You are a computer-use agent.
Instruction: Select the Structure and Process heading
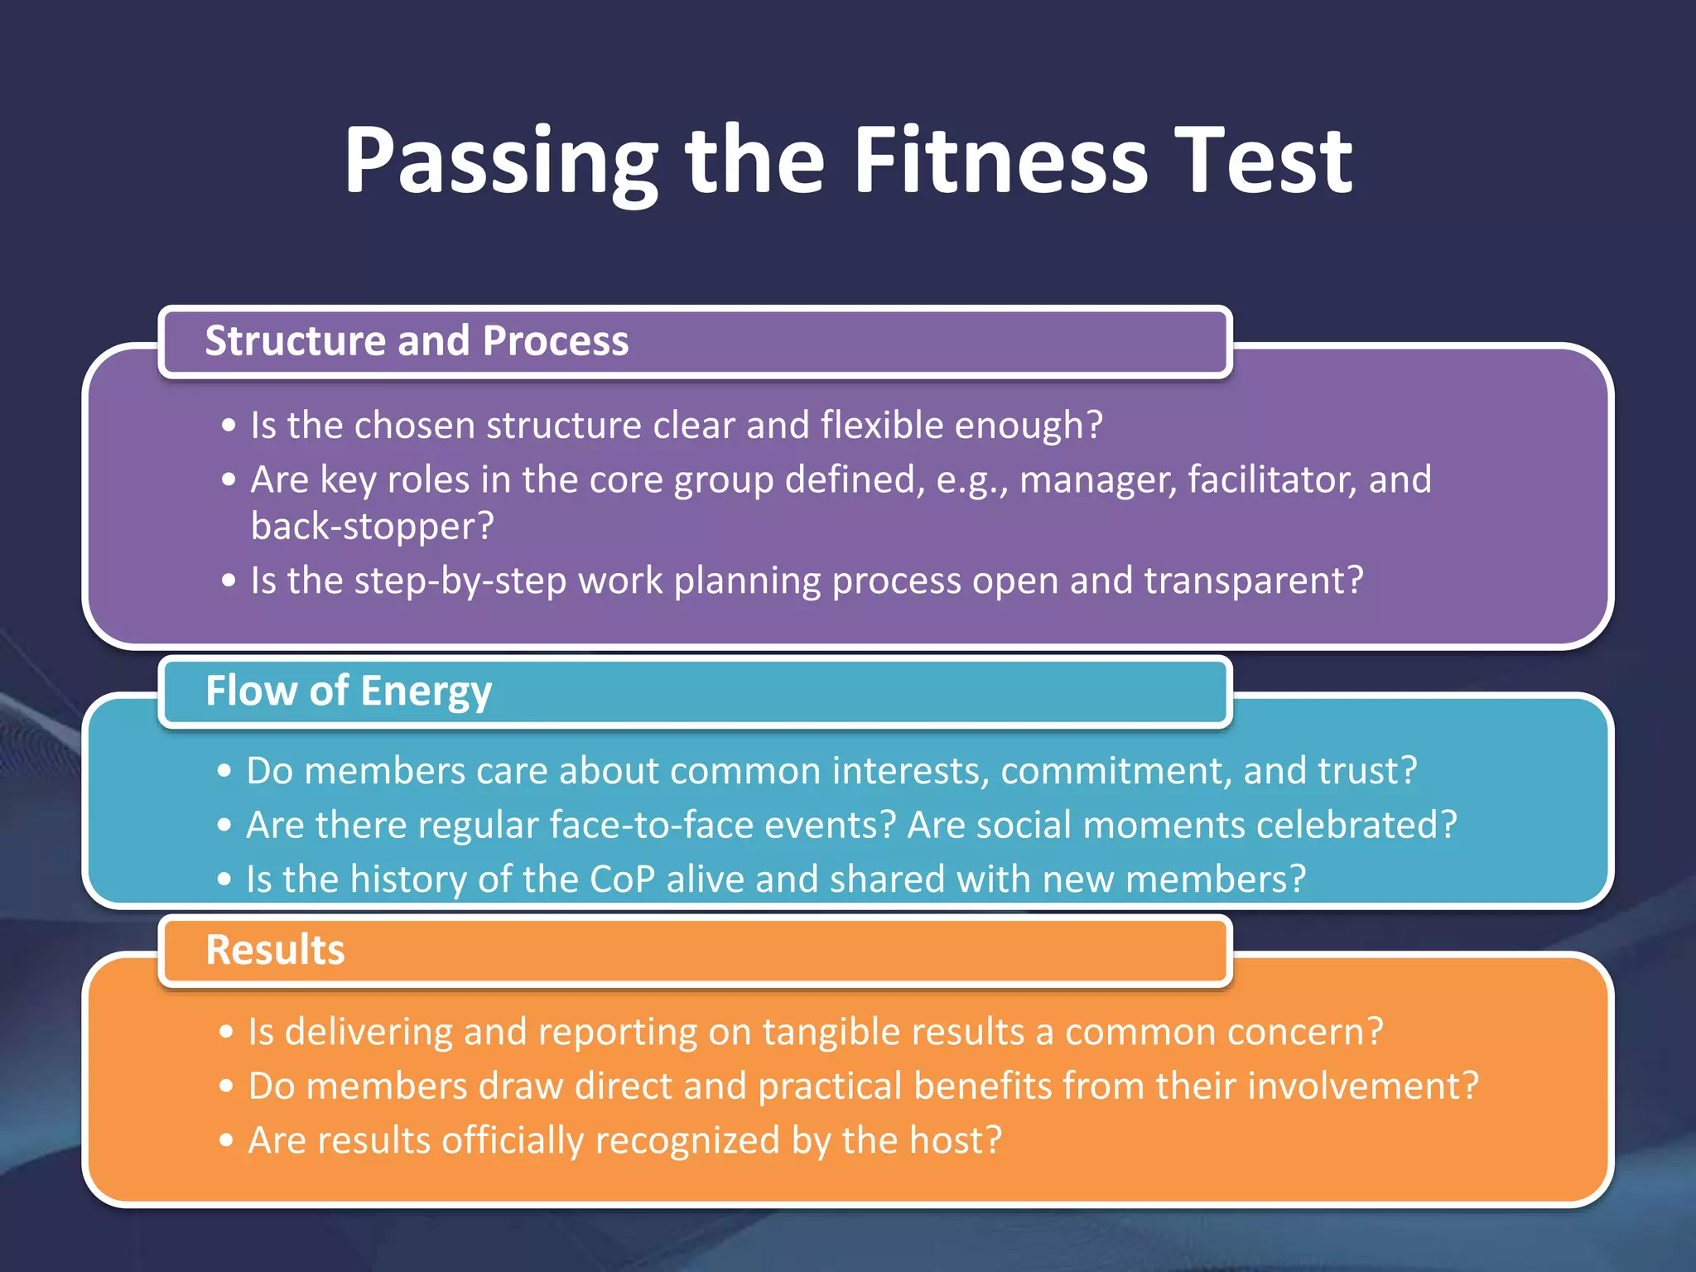pos(417,340)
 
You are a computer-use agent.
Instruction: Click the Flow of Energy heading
pos(349,691)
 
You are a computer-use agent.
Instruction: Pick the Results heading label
pos(275,949)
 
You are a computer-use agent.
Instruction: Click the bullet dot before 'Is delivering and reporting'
pos(227,1033)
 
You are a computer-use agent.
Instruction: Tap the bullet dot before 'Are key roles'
pos(229,480)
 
